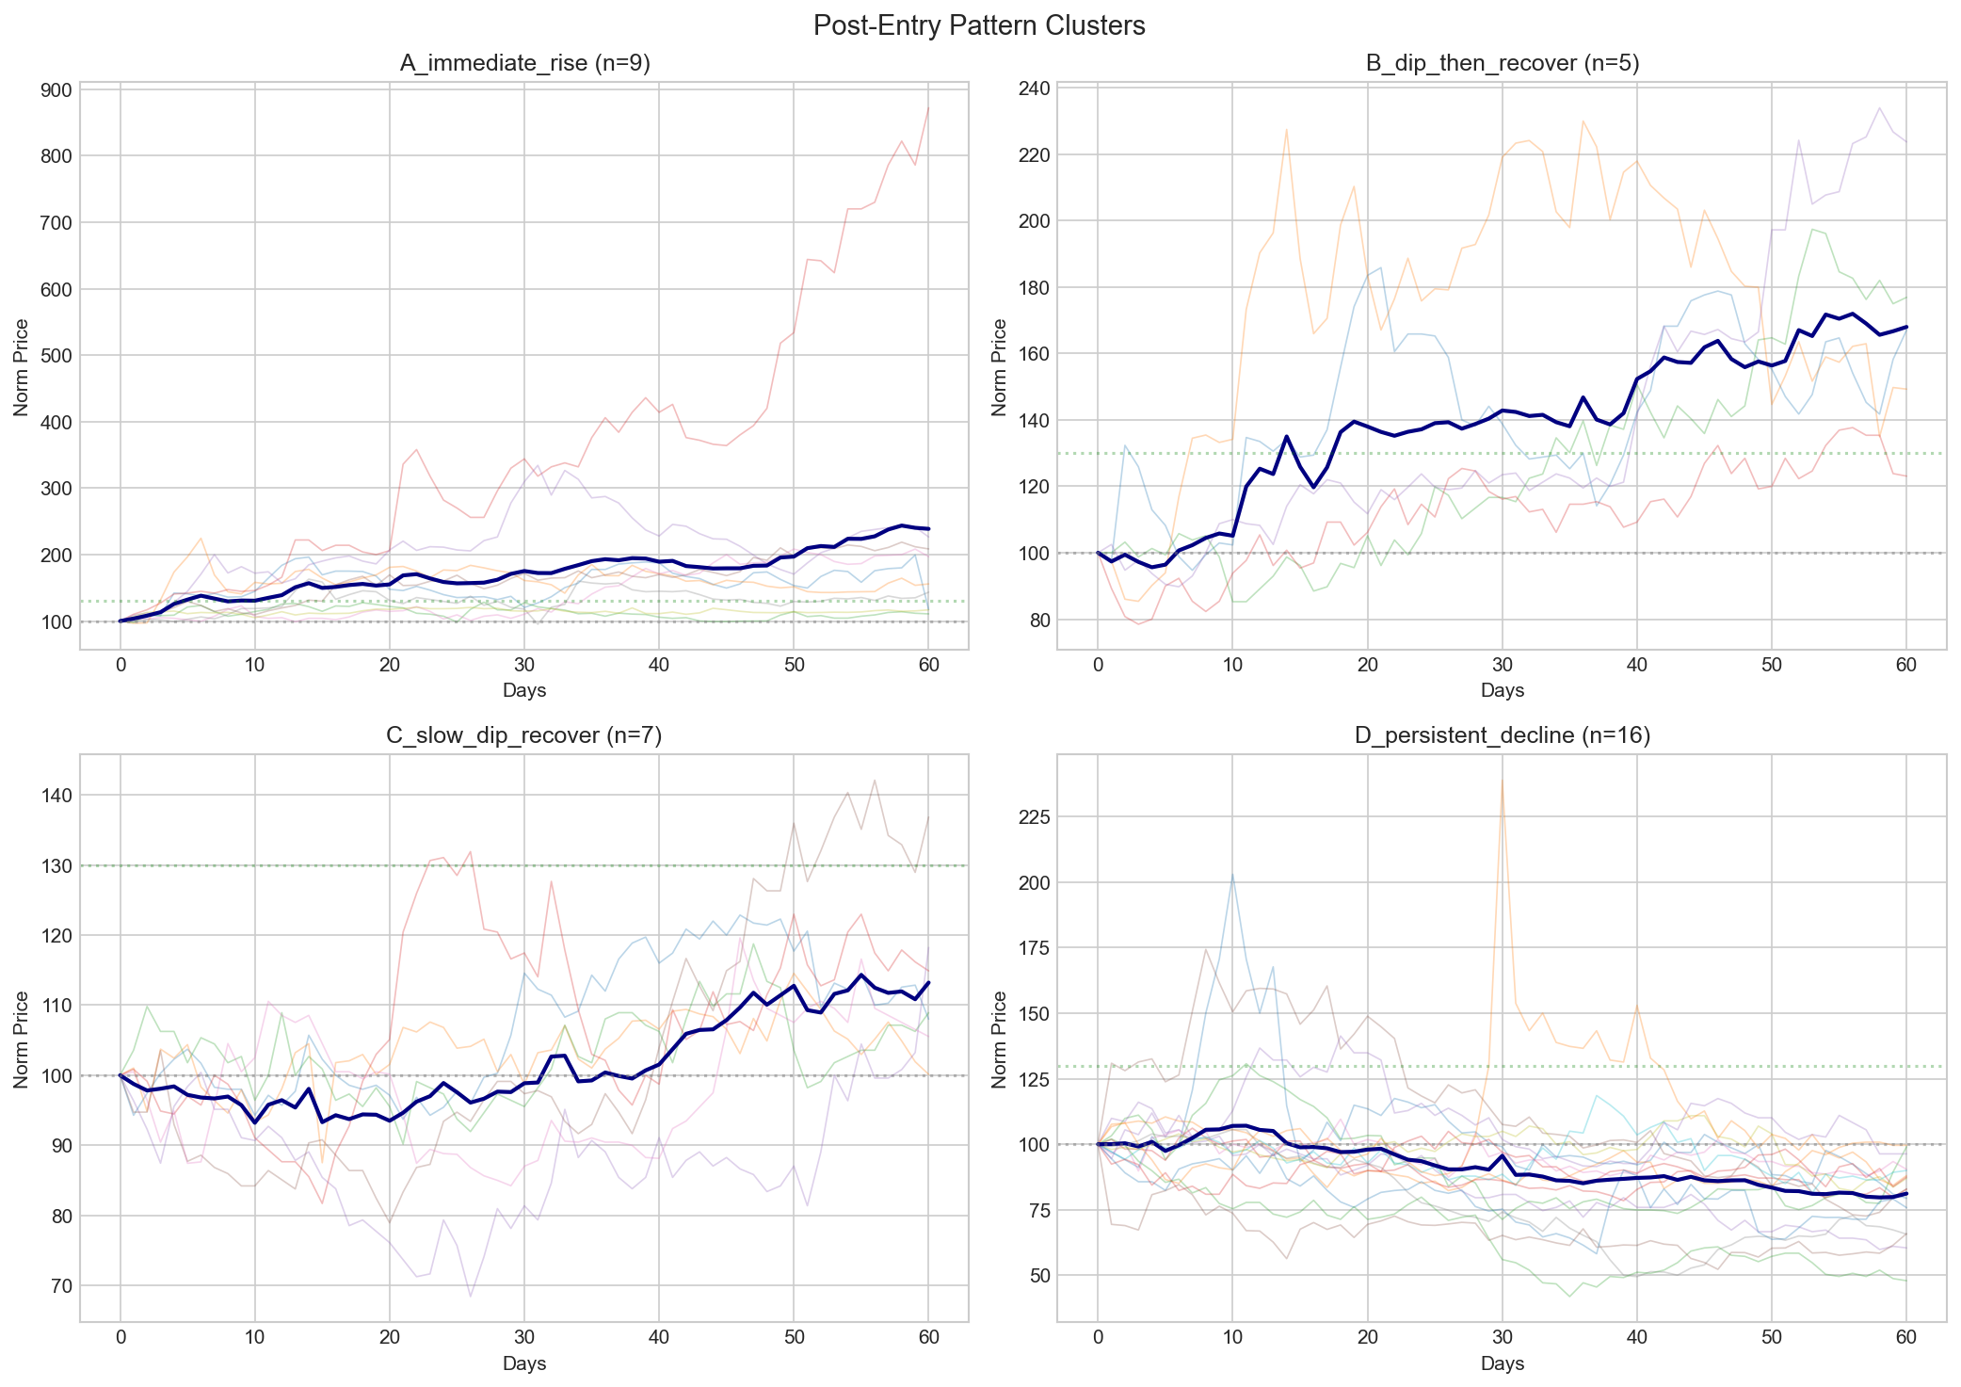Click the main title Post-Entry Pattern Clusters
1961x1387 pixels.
click(x=979, y=25)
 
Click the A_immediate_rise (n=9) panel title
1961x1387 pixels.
click(x=524, y=63)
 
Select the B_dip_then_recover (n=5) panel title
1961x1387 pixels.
click(x=1502, y=63)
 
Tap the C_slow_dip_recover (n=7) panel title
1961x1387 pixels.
click(x=524, y=735)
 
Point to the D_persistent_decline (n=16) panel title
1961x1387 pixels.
click(x=1502, y=735)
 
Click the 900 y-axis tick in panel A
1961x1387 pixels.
click(x=55, y=90)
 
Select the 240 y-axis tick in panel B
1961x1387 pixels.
click(x=1033, y=89)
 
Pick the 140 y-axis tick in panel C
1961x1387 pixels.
click(x=55, y=796)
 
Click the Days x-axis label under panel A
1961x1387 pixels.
click(x=524, y=691)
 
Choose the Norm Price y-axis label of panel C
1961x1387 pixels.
click(x=22, y=1039)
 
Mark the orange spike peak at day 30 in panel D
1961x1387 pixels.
click(x=1502, y=780)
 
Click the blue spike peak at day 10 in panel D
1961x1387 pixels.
click(x=1232, y=874)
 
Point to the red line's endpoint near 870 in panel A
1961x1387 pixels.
click(x=928, y=107)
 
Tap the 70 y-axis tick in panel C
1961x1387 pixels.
click(x=58, y=1286)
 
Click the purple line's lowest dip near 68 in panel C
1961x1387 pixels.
click(x=471, y=1297)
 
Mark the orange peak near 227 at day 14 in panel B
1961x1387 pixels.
click(x=1286, y=130)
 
